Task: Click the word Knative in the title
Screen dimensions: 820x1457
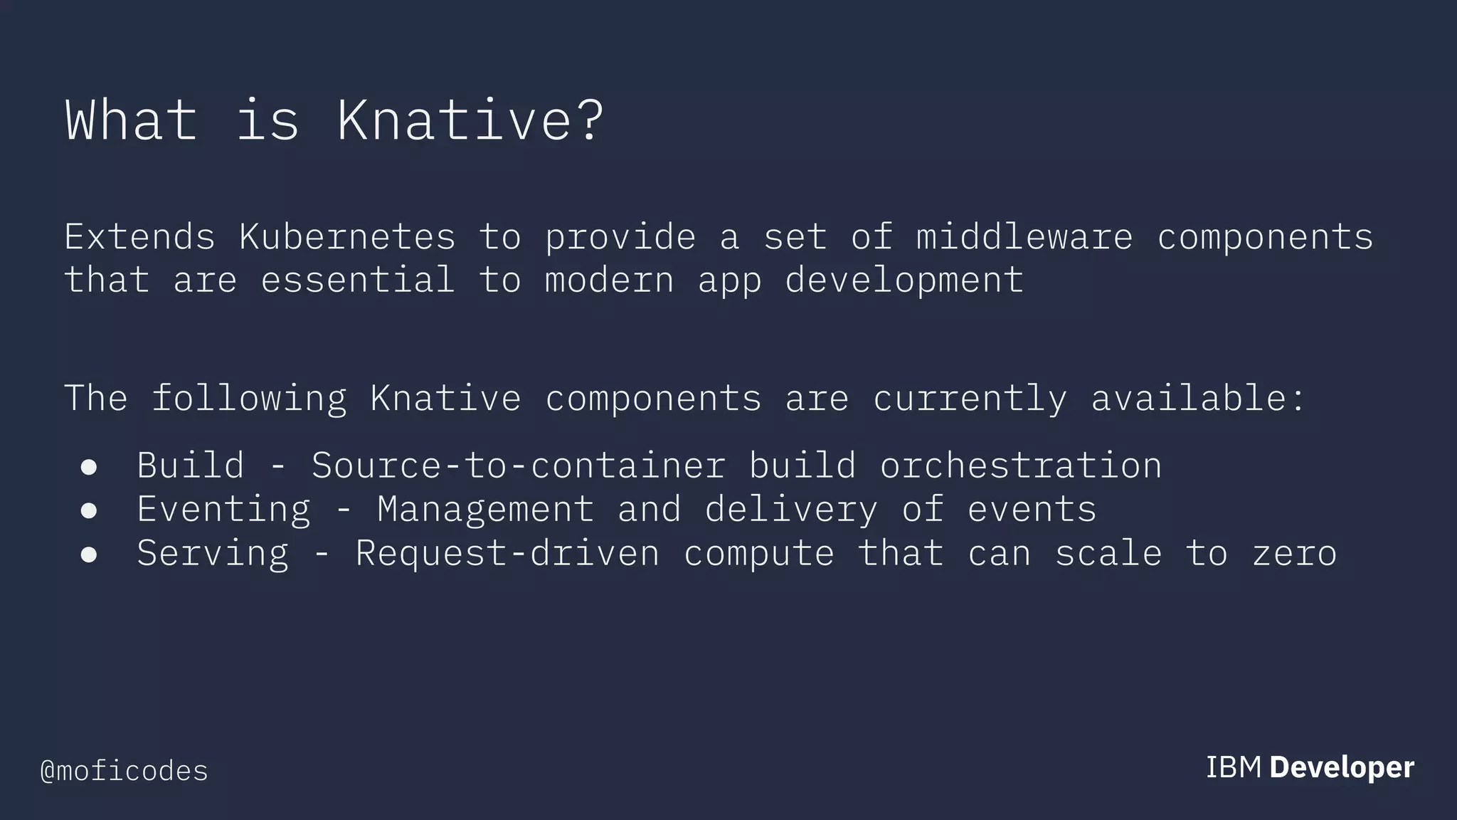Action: (x=455, y=120)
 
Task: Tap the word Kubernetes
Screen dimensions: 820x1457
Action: (x=346, y=236)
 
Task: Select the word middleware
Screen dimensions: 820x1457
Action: (x=1024, y=236)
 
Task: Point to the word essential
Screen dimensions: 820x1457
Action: (x=357, y=279)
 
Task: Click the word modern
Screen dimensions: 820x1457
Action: (x=608, y=279)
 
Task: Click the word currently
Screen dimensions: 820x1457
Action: (x=969, y=398)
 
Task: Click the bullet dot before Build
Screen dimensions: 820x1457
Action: (x=89, y=466)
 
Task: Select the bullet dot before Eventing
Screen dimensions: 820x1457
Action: (x=89, y=510)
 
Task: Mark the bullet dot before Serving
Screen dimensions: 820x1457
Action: (x=89, y=554)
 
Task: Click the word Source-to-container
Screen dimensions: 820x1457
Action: (x=519, y=466)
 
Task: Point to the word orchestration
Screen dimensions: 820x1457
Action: (x=1020, y=466)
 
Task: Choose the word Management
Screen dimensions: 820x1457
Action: (x=485, y=510)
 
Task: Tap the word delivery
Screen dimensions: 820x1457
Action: (x=790, y=510)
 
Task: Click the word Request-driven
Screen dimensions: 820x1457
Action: (x=507, y=553)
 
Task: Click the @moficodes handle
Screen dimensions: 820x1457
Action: (x=124, y=771)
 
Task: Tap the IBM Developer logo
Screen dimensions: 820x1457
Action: (x=1310, y=767)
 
